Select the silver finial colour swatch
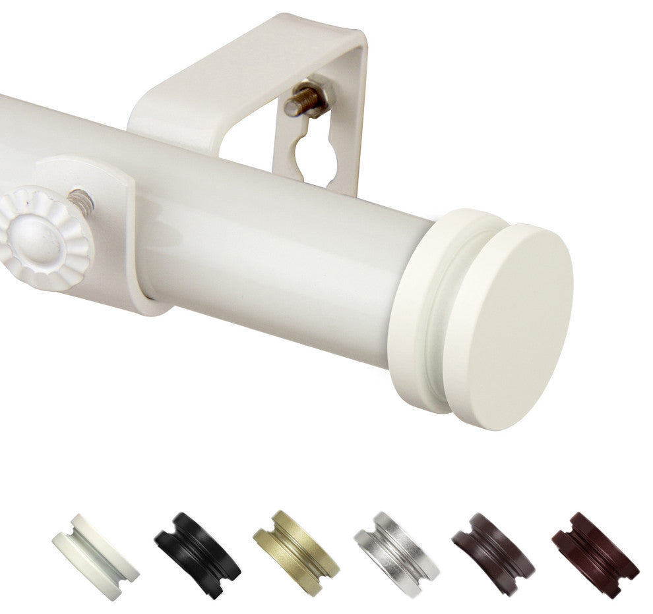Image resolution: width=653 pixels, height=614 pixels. pos(396,553)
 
